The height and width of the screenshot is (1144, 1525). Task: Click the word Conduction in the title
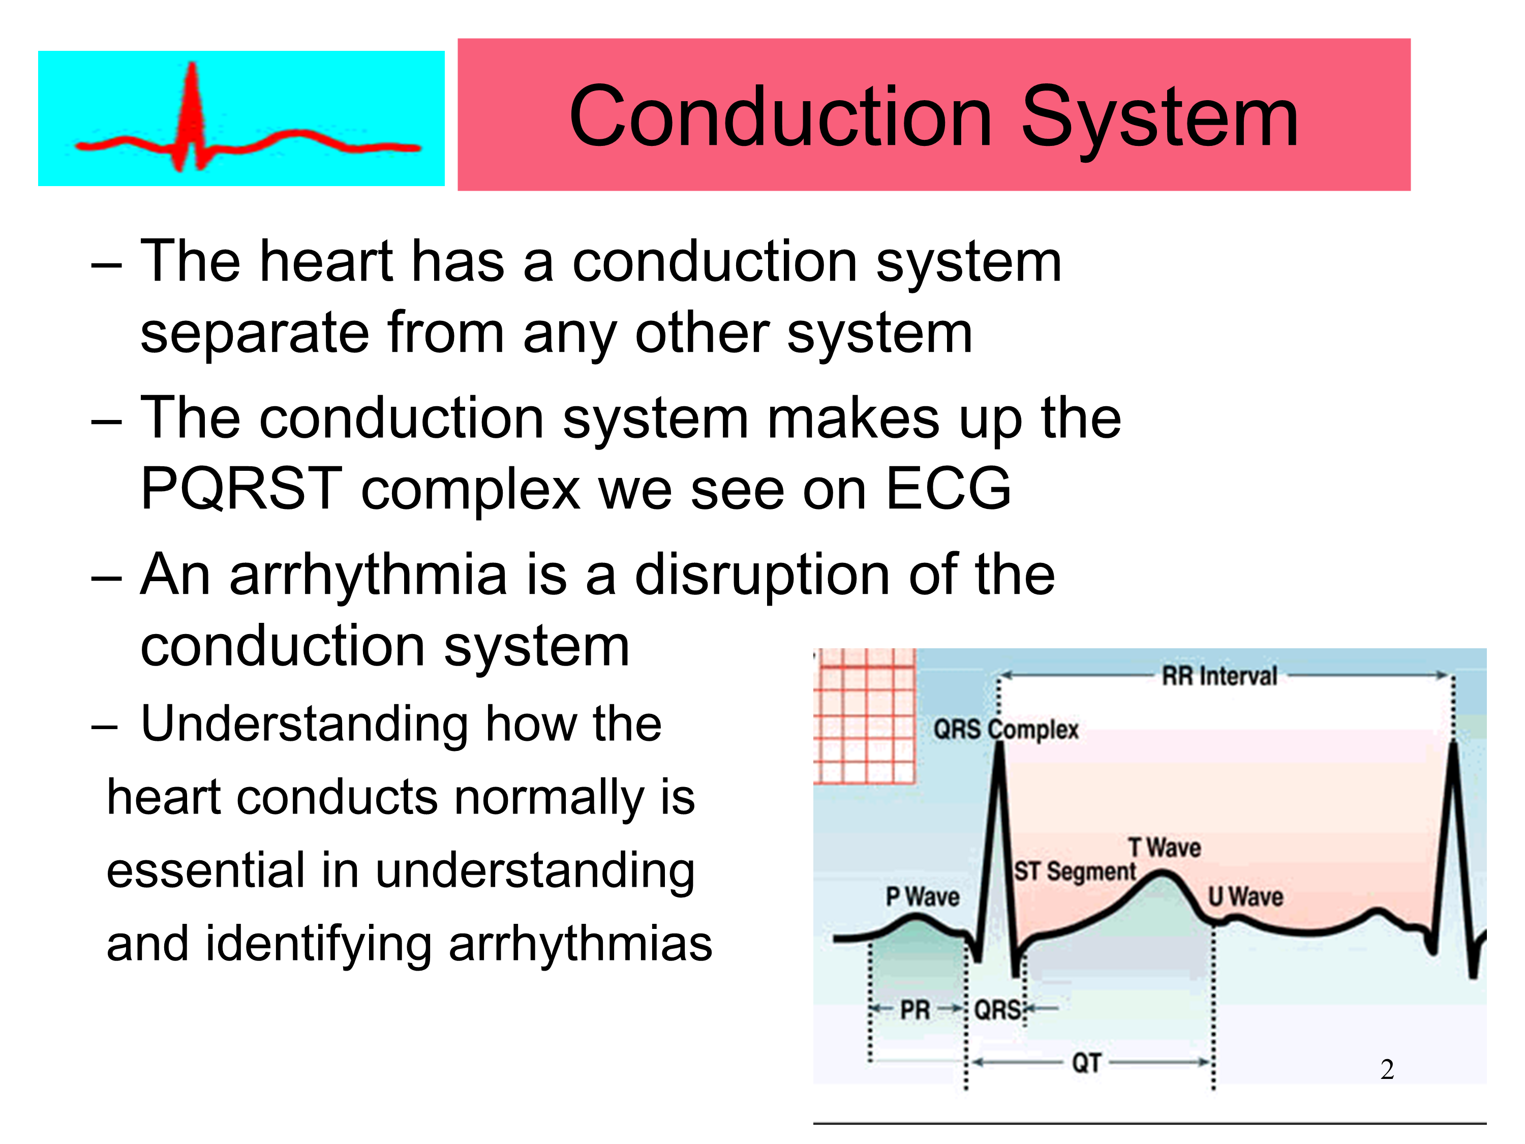pos(781,116)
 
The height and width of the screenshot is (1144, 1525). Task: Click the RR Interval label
pos(1219,676)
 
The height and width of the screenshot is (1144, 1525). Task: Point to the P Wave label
pos(923,896)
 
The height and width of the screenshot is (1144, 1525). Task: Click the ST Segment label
pos(1075,871)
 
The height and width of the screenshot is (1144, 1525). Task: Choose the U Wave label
pos(1246,896)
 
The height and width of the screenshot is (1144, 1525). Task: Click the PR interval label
pos(916,1010)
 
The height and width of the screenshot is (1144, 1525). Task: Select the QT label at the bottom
pos(1086,1063)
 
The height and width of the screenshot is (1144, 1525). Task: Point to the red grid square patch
pos(865,716)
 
